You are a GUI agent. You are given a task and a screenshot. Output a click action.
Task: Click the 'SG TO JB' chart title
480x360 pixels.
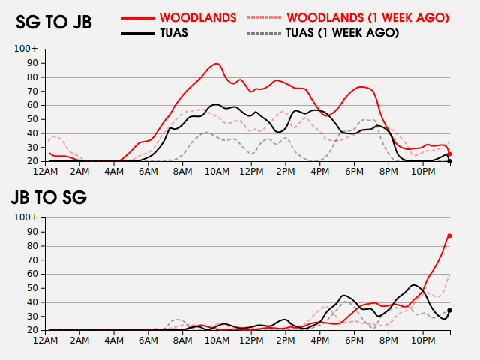(54, 22)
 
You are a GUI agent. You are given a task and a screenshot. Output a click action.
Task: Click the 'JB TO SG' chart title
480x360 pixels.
(49, 198)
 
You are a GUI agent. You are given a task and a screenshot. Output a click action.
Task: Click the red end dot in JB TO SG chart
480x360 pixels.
(449, 235)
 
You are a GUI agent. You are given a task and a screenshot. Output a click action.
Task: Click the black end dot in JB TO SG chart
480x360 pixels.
(449, 310)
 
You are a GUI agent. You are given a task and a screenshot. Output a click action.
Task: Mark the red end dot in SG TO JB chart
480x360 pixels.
(449, 154)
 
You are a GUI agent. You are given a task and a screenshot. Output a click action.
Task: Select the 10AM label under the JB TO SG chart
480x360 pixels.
(217, 340)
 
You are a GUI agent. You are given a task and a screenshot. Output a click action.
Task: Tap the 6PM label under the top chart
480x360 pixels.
(354, 172)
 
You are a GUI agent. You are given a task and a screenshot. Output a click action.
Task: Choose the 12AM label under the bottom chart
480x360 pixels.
(46, 340)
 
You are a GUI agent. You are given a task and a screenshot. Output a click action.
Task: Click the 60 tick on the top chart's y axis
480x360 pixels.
(31, 105)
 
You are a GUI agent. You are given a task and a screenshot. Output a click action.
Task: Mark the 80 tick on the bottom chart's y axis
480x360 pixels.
(31, 246)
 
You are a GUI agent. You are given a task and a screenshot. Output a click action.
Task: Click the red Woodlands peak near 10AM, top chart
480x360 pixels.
(217, 64)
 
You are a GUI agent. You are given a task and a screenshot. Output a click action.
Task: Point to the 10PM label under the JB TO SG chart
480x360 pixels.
(422, 340)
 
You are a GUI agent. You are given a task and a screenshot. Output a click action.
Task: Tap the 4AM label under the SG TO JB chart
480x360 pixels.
(115, 172)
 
